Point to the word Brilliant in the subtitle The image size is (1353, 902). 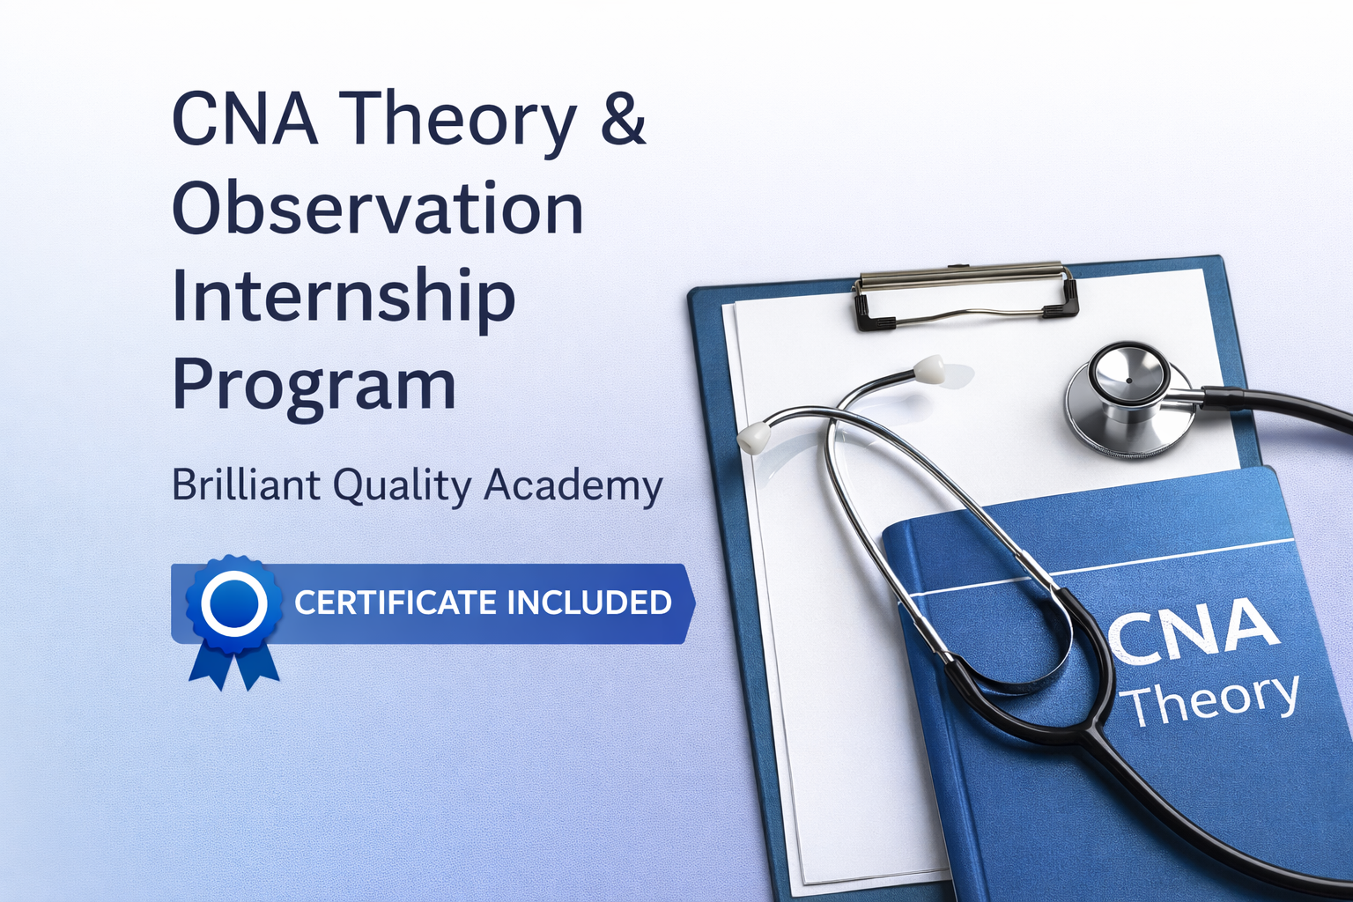click(x=247, y=485)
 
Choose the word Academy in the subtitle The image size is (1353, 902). click(x=573, y=488)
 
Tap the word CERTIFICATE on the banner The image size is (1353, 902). click(x=395, y=603)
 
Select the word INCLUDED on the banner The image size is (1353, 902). click(x=589, y=603)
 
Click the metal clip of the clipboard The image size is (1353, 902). click(x=965, y=297)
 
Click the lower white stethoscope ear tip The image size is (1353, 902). click(x=752, y=437)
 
